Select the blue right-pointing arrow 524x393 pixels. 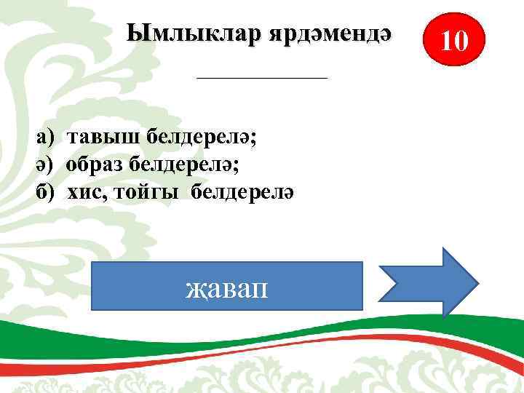429,282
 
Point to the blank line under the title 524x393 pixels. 263,76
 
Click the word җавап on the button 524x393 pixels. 227,288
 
